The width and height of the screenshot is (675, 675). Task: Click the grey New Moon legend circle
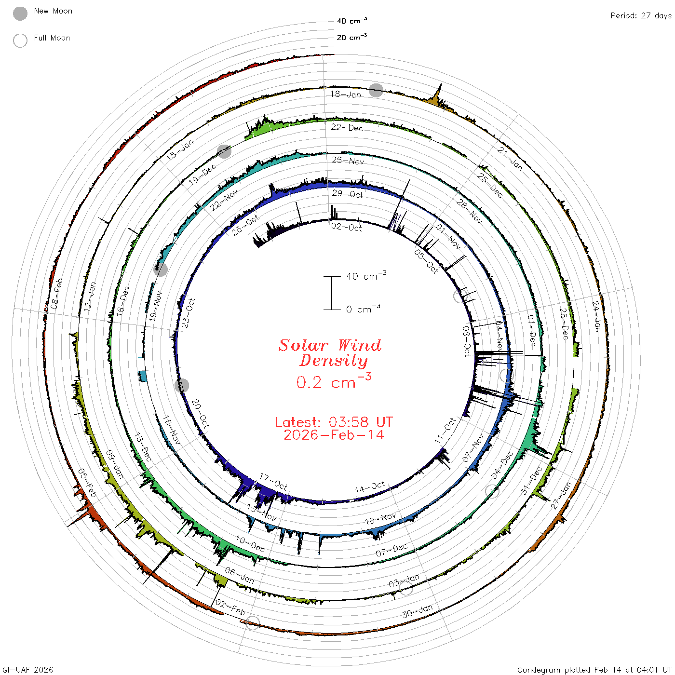(x=20, y=13)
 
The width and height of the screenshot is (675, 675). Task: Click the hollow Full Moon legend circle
(x=20, y=40)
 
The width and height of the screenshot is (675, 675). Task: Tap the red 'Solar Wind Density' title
(x=330, y=353)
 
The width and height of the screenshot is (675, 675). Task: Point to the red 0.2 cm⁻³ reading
(x=334, y=381)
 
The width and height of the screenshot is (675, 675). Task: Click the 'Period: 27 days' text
(x=641, y=16)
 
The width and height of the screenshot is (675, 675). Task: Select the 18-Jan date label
(x=345, y=94)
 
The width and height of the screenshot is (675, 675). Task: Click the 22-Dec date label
(x=347, y=127)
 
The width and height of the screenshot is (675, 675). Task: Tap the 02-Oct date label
(x=347, y=228)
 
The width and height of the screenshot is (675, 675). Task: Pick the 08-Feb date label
(x=57, y=294)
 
